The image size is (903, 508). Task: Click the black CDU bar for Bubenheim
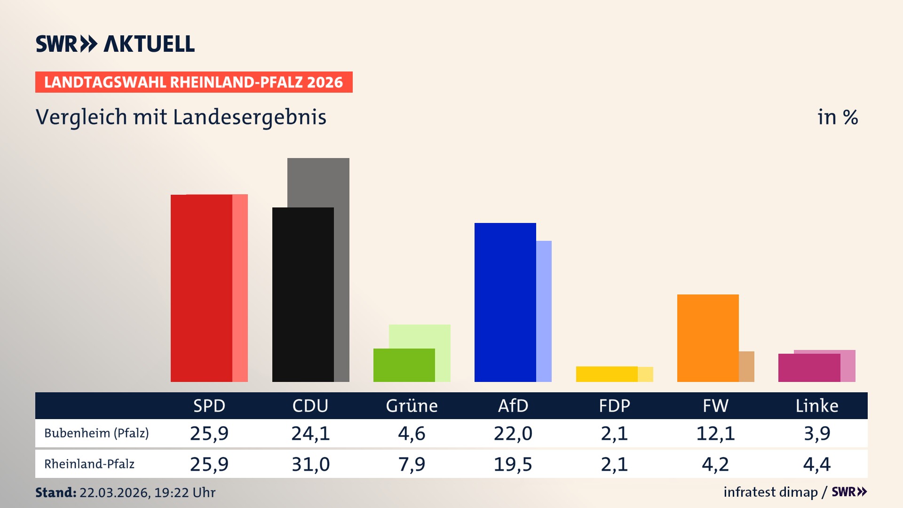tap(303, 294)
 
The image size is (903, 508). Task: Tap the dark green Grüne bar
tap(404, 365)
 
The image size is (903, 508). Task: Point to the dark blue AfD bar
tap(505, 302)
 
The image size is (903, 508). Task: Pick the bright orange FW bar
tap(708, 338)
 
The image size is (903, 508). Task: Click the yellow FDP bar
tap(607, 374)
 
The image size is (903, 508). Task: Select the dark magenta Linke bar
tap(809, 368)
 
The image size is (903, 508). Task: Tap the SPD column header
tap(209, 405)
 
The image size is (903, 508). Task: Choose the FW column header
tap(715, 405)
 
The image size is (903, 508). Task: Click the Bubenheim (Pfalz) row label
tap(96, 433)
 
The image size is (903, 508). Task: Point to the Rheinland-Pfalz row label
tap(89, 464)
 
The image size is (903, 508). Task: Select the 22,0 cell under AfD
tap(513, 433)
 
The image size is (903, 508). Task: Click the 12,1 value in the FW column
tap(715, 433)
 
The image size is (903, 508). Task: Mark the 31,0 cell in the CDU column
tap(310, 464)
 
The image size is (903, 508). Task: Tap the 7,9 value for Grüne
tap(412, 464)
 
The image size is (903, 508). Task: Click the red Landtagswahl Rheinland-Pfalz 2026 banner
tap(194, 82)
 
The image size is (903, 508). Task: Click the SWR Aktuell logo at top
tap(115, 44)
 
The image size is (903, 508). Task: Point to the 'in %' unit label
tap(837, 117)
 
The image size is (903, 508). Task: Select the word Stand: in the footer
tap(55, 492)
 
